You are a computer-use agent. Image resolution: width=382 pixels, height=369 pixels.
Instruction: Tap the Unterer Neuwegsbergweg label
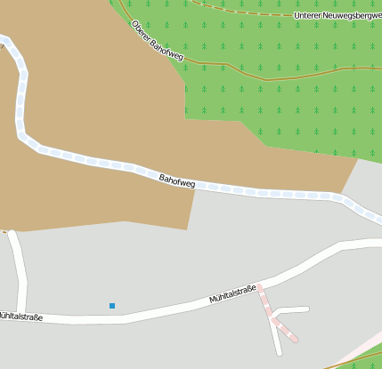tap(337, 16)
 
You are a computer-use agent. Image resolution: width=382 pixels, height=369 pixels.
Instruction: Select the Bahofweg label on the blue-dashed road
tap(176, 180)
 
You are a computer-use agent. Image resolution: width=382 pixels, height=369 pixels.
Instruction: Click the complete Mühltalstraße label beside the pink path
tap(232, 294)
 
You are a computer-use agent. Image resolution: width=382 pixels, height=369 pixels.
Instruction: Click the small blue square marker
tap(112, 306)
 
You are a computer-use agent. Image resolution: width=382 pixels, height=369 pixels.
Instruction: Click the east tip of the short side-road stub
tap(306, 309)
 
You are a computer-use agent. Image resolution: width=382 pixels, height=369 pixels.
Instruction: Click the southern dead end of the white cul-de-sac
tap(280, 353)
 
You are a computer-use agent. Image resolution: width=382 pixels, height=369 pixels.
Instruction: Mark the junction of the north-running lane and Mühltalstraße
tap(22, 313)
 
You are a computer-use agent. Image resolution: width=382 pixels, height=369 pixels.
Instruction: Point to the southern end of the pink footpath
tap(295, 340)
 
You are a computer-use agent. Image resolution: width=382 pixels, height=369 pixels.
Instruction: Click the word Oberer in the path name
tap(141, 30)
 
